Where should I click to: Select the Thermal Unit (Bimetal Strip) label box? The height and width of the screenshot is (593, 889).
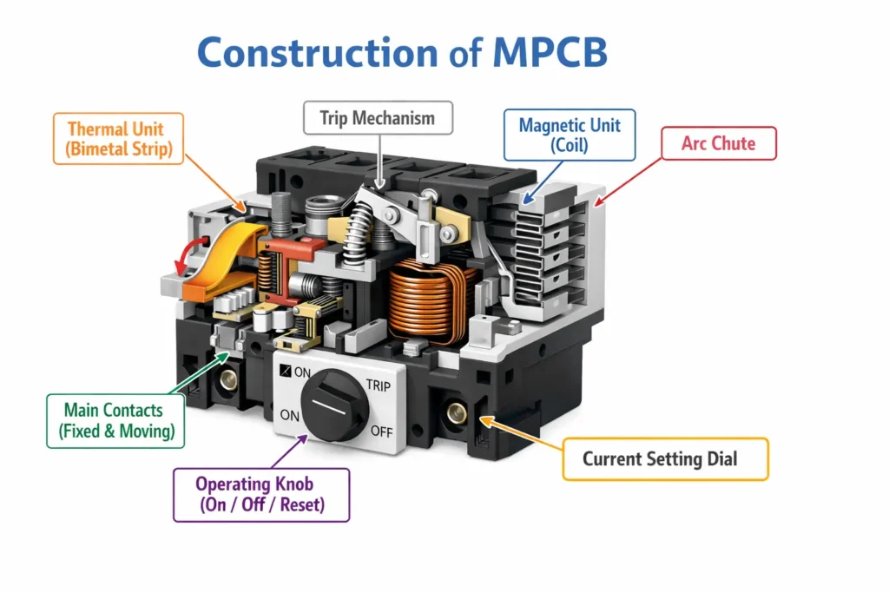tap(115, 139)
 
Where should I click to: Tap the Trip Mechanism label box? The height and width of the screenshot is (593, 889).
tap(378, 118)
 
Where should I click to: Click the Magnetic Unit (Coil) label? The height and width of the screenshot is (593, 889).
tap(570, 135)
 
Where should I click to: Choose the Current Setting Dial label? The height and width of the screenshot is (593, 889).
tap(665, 458)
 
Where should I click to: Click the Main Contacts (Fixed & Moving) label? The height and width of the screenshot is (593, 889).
tap(114, 420)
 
